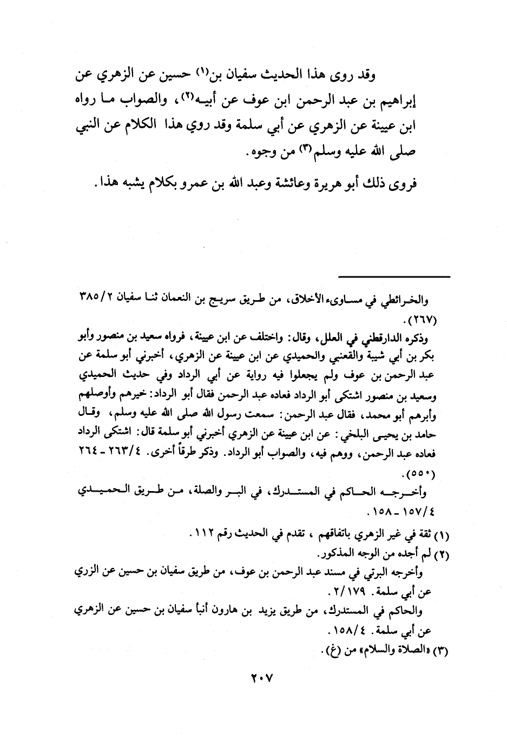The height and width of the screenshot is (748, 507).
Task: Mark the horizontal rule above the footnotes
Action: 394,277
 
